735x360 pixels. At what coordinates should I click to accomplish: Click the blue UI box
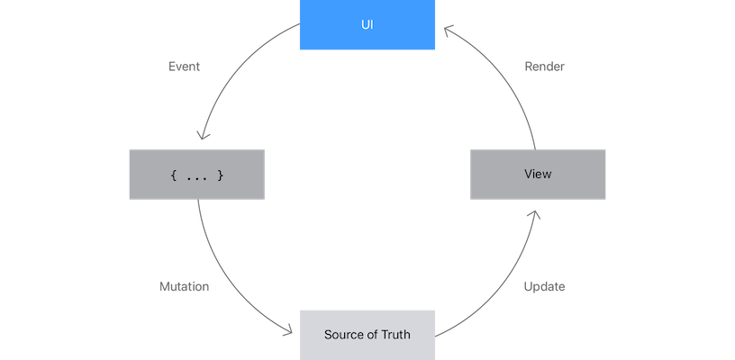367,25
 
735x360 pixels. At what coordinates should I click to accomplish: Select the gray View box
538,175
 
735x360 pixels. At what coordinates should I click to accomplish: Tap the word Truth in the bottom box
394,335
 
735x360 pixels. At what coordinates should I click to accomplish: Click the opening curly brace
173,175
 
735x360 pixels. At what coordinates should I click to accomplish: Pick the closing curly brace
220,175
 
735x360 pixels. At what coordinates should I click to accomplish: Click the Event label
184,67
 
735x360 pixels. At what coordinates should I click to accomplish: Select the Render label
544,67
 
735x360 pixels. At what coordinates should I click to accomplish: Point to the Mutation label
184,287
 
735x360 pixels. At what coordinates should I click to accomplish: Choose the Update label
544,287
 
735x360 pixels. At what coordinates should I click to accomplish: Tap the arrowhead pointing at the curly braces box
204,135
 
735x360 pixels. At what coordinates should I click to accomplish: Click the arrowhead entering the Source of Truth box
289,331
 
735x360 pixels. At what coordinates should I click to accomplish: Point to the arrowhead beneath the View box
532,215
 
